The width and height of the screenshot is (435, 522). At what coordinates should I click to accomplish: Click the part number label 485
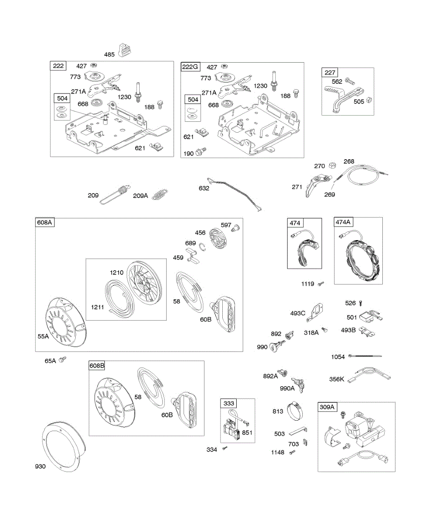[x=109, y=54]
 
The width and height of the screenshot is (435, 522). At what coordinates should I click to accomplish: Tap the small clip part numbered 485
[x=125, y=50]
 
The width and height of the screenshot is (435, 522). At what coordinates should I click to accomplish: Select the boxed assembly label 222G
[x=190, y=67]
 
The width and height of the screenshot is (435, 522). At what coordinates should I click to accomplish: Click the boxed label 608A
[x=44, y=223]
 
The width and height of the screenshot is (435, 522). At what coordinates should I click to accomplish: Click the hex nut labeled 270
[x=331, y=166]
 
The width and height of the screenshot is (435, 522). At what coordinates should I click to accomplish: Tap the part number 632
[x=204, y=188]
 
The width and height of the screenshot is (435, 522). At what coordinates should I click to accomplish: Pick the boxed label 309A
[x=327, y=407]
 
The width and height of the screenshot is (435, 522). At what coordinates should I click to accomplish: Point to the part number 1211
[x=97, y=307]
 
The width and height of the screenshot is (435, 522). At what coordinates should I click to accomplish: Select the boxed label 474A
[x=343, y=222]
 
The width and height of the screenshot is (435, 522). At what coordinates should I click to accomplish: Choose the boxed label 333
[x=229, y=403]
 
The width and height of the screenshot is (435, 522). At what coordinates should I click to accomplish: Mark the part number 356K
[x=337, y=379]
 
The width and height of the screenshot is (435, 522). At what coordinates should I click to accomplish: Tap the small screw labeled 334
[x=225, y=448]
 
